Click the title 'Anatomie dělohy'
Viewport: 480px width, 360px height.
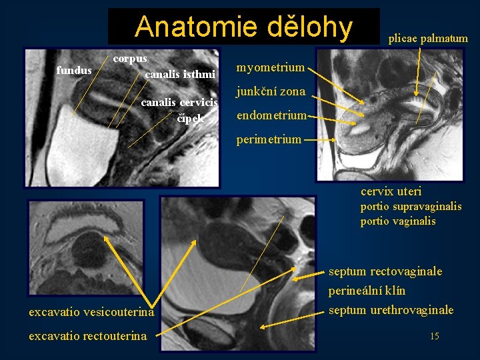[243, 27]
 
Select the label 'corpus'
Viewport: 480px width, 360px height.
[130, 59]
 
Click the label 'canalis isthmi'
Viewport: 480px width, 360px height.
[180, 73]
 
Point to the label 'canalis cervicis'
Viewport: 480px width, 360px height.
[179, 103]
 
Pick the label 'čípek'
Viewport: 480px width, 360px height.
[189, 119]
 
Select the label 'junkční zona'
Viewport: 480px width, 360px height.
[271, 91]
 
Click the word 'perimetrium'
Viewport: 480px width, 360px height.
[269, 140]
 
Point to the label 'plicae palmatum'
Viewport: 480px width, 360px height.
[428, 39]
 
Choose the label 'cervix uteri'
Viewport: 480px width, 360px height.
[391, 192]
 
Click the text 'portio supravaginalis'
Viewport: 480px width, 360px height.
[411, 207]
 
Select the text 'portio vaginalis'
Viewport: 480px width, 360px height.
[398, 221]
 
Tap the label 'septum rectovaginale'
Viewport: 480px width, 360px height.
[385, 272]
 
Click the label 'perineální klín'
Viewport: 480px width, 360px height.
[367, 291]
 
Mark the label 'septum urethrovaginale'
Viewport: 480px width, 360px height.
[391, 310]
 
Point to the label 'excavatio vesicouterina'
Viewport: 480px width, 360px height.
[91, 311]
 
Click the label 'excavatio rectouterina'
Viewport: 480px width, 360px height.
[87, 336]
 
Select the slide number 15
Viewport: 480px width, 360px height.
[434, 336]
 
